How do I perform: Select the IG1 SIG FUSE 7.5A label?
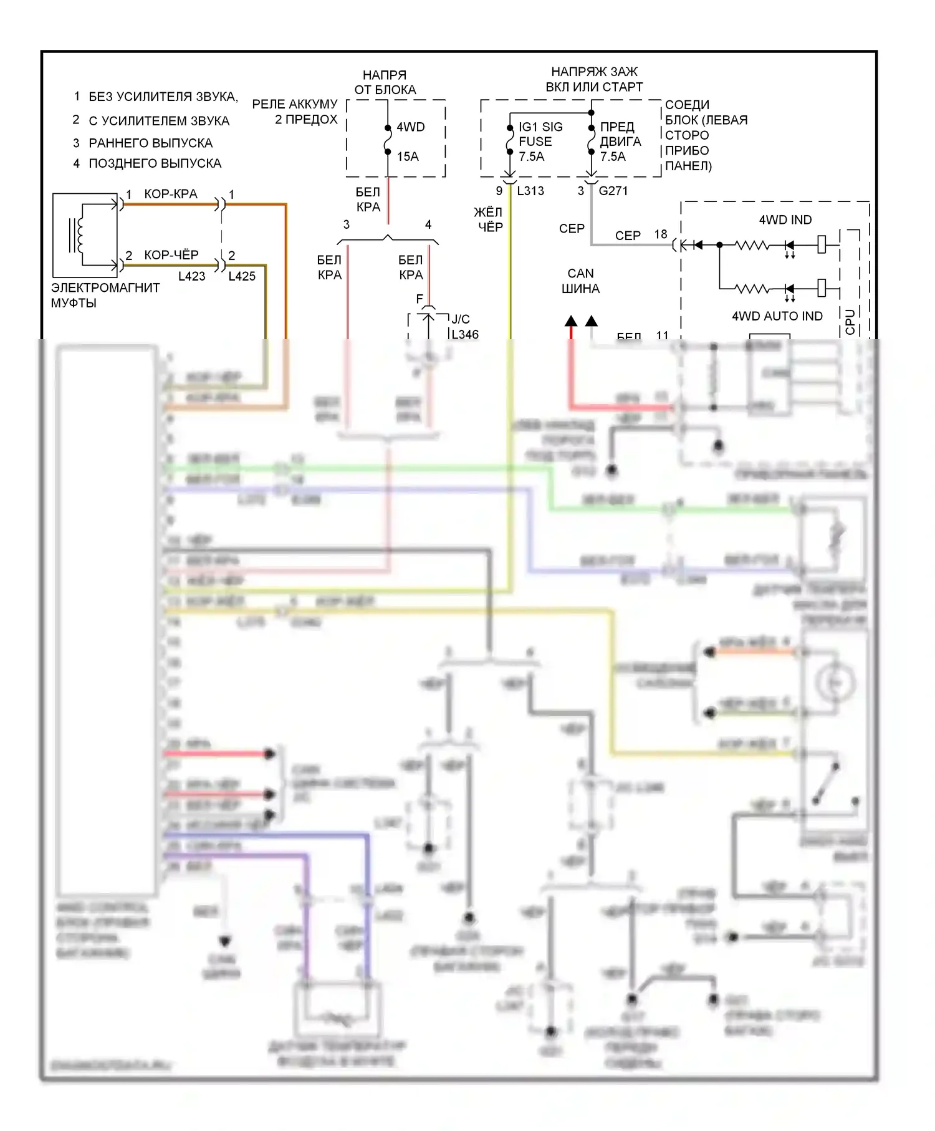click(x=540, y=142)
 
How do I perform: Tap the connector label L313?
click(x=530, y=191)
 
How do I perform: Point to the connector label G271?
click(x=613, y=191)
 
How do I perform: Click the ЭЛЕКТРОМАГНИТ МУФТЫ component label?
click(x=105, y=296)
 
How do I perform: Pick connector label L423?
click(x=191, y=276)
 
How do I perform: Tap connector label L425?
click(x=242, y=276)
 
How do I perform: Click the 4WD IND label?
click(x=785, y=219)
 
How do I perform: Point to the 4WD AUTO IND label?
click(x=777, y=316)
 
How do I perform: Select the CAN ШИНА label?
click(x=580, y=281)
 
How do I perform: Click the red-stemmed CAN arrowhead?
click(x=571, y=321)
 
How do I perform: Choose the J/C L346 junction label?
click(x=464, y=327)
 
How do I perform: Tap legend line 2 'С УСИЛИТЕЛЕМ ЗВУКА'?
click(x=159, y=121)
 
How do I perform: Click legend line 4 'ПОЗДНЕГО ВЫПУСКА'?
click(x=155, y=163)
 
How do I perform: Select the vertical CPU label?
click(x=850, y=322)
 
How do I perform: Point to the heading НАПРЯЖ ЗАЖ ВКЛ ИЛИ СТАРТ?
click(x=594, y=79)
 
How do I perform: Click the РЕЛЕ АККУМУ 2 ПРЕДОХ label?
click(x=295, y=112)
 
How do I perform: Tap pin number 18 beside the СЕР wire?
click(x=661, y=234)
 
